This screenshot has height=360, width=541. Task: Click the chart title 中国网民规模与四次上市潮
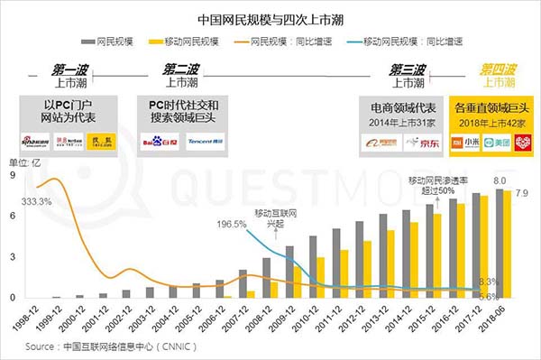(x=270, y=17)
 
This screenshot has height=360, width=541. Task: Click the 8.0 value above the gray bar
(x=498, y=180)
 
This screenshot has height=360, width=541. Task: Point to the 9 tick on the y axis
(x=12, y=176)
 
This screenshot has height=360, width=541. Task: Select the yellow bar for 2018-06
(x=509, y=245)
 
